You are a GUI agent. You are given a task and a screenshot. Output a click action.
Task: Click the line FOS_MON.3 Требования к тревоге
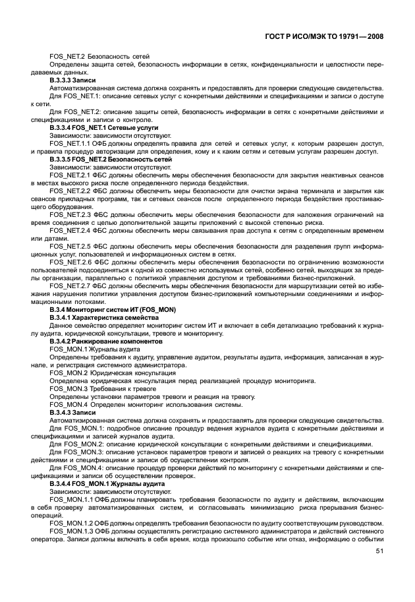[97, 388]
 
